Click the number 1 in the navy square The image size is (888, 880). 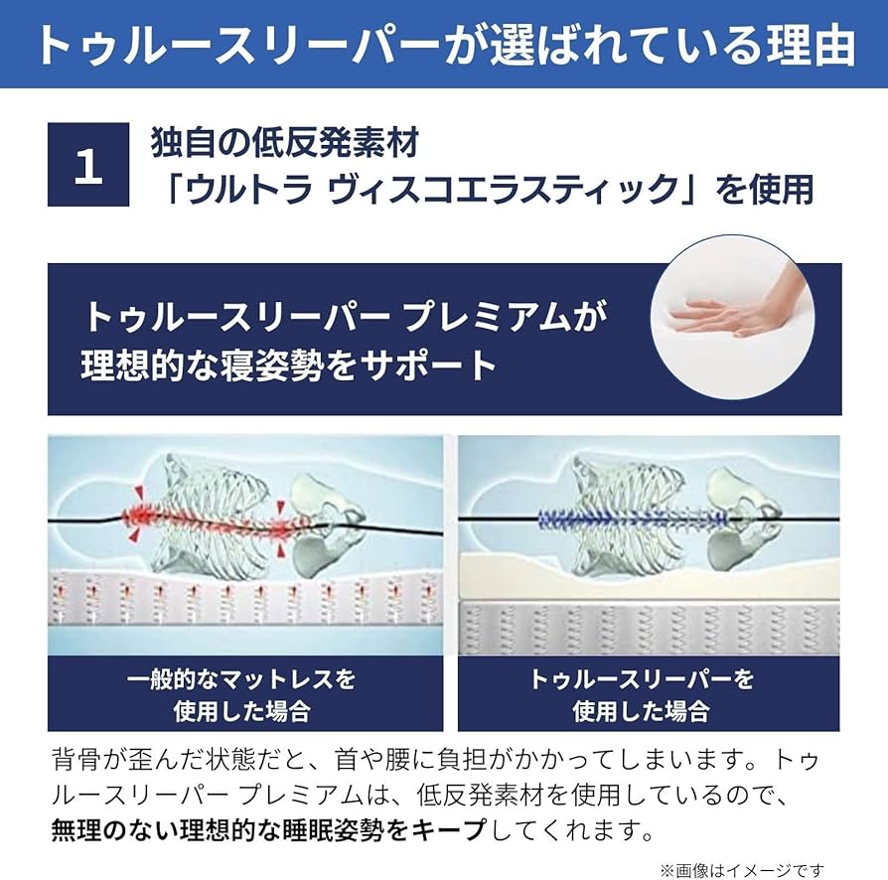tap(88, 165)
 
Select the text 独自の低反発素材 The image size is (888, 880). tap(284, 143)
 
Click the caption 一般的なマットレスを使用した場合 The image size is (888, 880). tap(241, 694)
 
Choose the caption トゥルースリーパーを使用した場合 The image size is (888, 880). tap(641, 694)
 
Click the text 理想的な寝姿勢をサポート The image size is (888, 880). tap(288, 366)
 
